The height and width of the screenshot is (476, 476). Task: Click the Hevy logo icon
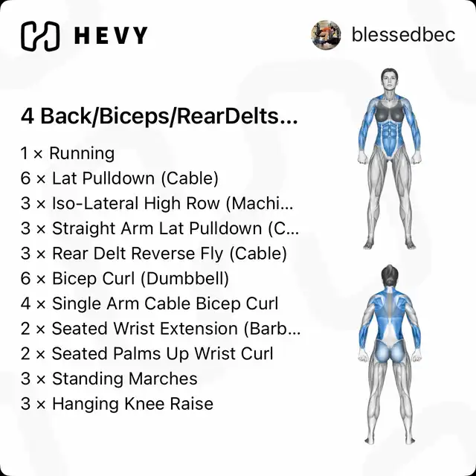point(40,36)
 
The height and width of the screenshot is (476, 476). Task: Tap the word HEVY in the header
point(111,36)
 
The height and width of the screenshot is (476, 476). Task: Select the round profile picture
point(326,35)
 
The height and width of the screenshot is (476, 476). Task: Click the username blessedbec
point(403,35)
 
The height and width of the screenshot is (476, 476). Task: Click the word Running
point(82,153)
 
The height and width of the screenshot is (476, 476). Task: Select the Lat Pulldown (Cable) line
point(120,178)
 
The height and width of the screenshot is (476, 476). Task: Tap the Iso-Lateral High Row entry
point(157,203)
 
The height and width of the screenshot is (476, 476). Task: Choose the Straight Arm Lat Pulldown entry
point(160,228)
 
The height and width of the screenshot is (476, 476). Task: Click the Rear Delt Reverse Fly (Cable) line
point(154,254)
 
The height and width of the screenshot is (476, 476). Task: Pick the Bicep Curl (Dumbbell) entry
point(125,278)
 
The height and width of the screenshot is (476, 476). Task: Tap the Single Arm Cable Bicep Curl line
point(149,303)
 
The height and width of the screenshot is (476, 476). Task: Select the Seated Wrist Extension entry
point(161,329)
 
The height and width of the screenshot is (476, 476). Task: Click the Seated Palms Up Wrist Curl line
point(147,354)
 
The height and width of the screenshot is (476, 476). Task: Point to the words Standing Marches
point(125,379)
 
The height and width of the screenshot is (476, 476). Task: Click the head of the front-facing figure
point(389,80)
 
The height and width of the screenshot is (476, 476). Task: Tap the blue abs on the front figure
point(389,133)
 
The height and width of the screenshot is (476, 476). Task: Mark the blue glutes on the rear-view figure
point(390,352)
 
